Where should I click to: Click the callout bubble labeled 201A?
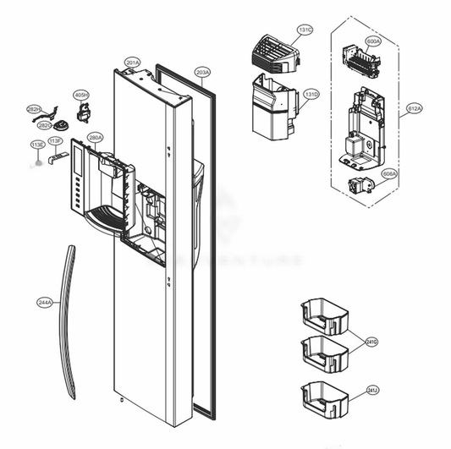(x=132, y=63)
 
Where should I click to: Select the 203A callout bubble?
(x=202, y=72)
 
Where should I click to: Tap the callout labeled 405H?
(x=80, y=95)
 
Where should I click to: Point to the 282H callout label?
(x=34, y=110)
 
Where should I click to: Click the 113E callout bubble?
(x=37, y=145)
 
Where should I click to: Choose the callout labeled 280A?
(x=95, y=137)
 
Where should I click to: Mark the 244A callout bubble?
(x=44, y=301)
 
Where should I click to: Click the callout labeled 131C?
(x=305, y=30)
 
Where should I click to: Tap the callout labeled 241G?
(x=371, y=342)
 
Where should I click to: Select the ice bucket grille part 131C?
(x=271, y=51)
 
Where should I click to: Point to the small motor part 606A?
(x=359, y=188)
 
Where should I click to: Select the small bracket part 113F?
(x=58, y=158)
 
